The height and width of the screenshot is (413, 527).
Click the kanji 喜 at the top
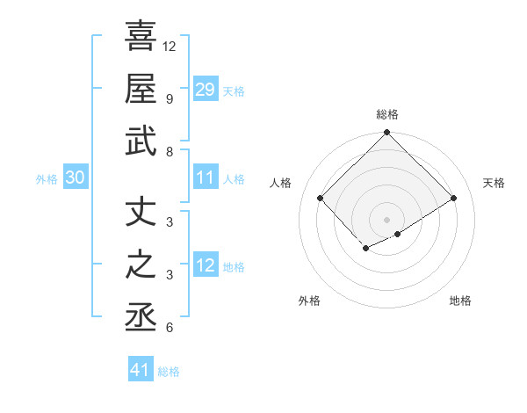141,38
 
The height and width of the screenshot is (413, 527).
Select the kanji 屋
141,89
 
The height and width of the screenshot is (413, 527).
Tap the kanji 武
141,141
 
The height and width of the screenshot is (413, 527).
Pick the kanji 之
141,264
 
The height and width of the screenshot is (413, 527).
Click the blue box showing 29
205,89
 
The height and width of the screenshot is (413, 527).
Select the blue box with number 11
205,178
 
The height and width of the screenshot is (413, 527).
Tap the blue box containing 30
75,178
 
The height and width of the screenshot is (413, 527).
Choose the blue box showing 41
141,370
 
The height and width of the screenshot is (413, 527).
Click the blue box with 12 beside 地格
205,265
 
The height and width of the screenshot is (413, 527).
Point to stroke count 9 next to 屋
169,98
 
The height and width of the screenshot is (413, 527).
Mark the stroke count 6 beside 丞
169,328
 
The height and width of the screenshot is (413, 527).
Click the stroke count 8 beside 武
169,152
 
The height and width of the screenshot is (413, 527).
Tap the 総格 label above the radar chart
386,114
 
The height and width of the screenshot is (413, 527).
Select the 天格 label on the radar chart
494,183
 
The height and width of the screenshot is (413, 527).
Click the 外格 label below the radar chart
309,301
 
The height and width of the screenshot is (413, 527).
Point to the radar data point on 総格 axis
386,134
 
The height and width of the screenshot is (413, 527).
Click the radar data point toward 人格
321,198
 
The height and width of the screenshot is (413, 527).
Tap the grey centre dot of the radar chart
386,219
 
